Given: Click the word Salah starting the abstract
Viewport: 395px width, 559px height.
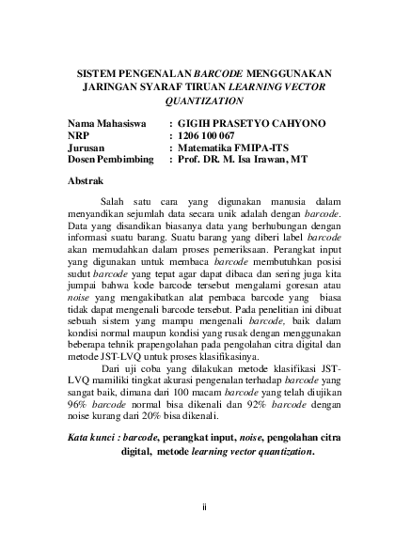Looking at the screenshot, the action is point(113,201).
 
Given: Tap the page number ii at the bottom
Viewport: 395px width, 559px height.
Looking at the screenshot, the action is point(204,508).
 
